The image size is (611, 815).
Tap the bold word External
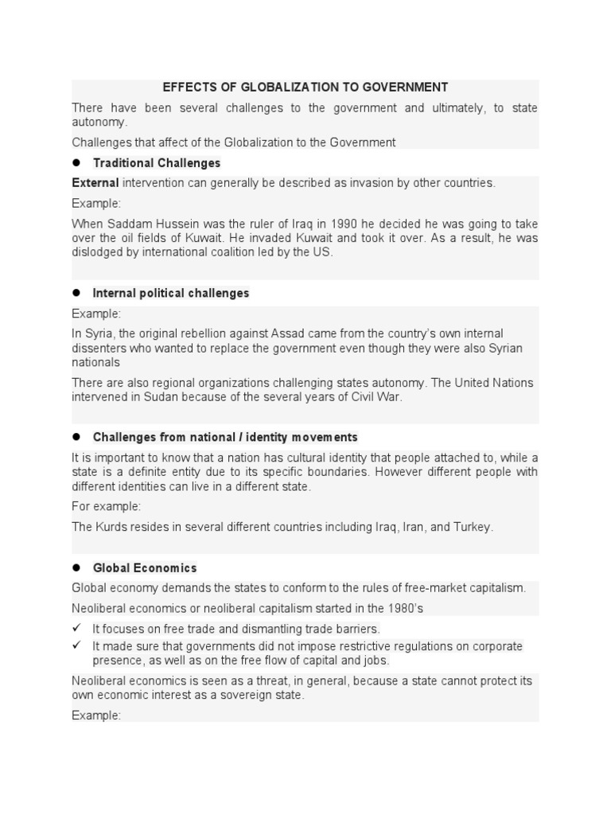(95, 182)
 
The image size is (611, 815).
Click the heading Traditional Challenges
(157, 162)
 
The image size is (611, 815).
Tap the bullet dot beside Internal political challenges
(77, 292)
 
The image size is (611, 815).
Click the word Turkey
(473, 527)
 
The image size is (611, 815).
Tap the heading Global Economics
(145, 567)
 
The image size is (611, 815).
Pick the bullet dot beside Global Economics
(77, 567)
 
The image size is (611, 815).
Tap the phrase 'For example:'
(107, 506)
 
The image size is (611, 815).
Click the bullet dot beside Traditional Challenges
(77, 162)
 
